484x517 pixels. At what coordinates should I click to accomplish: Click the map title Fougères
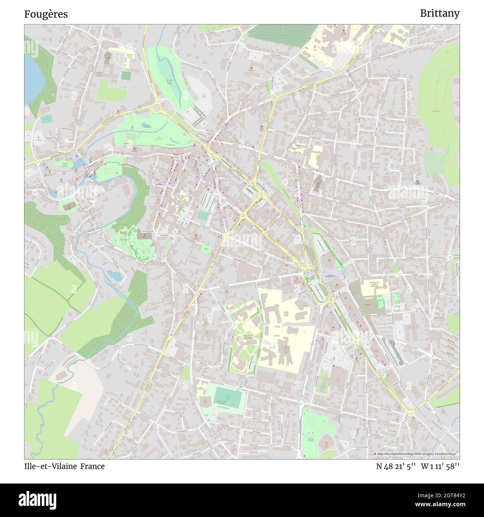[x=46, y=14]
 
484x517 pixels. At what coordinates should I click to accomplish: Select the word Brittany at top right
[x=439, y=13]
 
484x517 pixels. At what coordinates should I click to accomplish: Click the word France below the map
[x=93, y=466]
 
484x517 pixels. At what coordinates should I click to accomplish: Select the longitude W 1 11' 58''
[x=440, y=466]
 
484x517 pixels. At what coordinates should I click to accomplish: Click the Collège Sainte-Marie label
[x=286, y=314]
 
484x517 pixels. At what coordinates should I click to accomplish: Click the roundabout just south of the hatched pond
[x=156, y=108]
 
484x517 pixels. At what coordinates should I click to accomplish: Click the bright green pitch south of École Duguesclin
[x=380, y=304]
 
